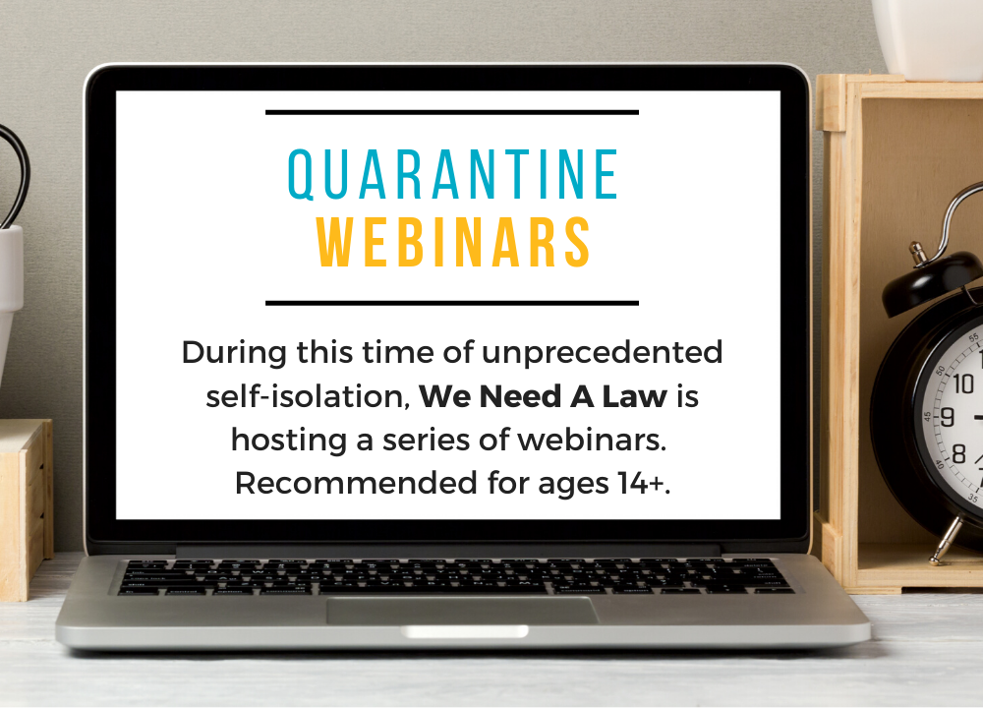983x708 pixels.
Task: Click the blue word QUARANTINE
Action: coord(453,174)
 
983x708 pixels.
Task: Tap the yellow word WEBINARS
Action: coord(453,243)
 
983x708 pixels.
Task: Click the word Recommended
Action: coord(356,483)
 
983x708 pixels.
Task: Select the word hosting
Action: coord(289,442)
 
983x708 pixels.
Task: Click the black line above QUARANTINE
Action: coord(452,113)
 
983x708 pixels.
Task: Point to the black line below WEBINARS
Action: coord(452,304)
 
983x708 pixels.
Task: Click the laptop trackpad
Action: coord(462,611)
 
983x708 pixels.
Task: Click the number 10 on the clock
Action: coord(963,383)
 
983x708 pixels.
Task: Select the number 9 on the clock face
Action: coord(948,417)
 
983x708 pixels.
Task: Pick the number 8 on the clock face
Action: coord(959,453)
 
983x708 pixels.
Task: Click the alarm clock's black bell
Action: coord(931,282)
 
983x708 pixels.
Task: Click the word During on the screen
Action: coord(235,352)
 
